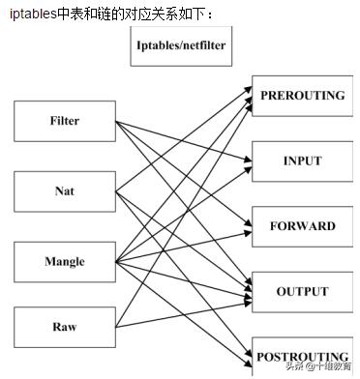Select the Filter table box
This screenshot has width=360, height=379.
pos(64,122)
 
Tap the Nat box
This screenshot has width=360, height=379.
pos(64,191)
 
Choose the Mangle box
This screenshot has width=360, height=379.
pos(64,262)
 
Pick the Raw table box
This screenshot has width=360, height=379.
pos(64,327)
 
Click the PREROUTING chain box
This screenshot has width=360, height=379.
pos(302,95)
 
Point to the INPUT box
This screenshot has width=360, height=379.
pos(302,160)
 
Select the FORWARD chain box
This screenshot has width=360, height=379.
pos(302,226)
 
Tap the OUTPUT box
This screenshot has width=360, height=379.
pos(302,291)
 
